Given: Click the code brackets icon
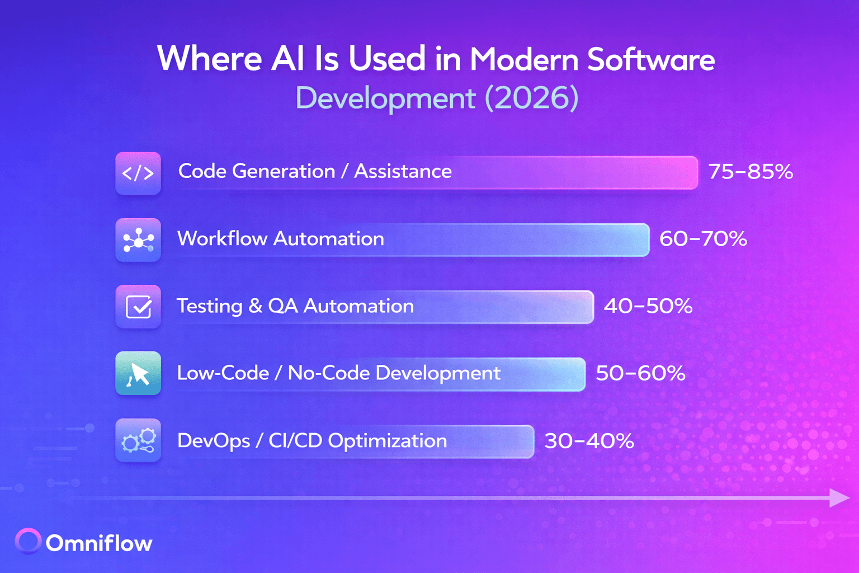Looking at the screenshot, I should (138, 173).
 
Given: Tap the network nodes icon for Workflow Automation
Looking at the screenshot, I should (138, 240).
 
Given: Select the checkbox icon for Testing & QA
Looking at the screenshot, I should (138, 307).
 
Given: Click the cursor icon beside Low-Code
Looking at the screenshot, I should (138, 373).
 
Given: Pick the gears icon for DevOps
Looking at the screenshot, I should (138, 440).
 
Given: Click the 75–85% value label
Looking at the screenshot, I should (751, 172).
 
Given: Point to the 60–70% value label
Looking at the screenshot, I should (703, 239).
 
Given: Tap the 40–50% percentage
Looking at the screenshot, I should (648, 306).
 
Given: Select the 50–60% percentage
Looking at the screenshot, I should (640, 373).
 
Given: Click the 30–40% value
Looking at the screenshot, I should (589, 441).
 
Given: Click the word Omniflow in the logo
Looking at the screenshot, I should (99, 543).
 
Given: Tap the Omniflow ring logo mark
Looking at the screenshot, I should (28, 541).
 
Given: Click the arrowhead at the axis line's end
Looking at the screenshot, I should (839, 497).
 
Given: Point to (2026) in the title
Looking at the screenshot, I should (531, 98).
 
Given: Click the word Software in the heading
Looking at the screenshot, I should (651, 59).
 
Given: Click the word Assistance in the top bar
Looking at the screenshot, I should (403, 171).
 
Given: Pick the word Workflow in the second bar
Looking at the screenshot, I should (222, 239).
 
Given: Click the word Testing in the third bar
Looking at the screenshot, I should (209, 307).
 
